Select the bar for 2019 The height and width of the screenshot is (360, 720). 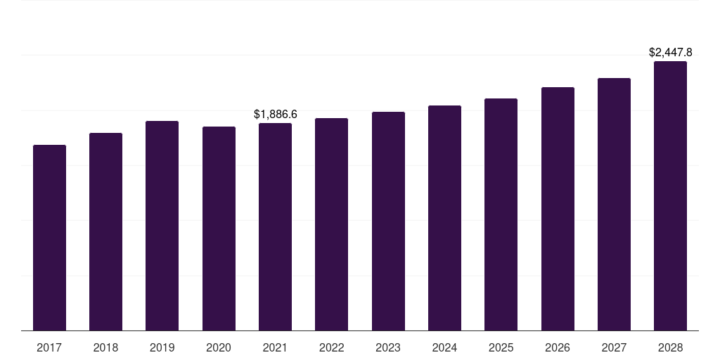(162, 226)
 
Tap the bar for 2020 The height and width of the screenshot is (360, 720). (219, 229)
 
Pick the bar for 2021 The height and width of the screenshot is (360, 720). (275, 226)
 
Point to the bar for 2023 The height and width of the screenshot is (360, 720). (388, 221)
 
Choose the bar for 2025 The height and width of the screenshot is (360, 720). (501, 214)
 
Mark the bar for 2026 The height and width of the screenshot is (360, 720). (558, 209)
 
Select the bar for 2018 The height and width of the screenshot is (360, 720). (105, 231)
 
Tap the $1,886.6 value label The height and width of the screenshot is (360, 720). (276, 114)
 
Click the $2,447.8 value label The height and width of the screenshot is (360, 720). (670, 52)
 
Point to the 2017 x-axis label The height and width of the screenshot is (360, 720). (49, 347)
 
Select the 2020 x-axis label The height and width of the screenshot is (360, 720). (219, 347)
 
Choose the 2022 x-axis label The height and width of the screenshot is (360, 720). (332, 347)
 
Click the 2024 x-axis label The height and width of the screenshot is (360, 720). (444, 347)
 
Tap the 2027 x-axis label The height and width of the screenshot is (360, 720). (614, 347)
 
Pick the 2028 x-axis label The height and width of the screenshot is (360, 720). (670, 347)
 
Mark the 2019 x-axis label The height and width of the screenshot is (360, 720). (162, 347)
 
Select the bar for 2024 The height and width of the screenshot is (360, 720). (444, 218)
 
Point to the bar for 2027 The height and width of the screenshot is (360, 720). (614, 204)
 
